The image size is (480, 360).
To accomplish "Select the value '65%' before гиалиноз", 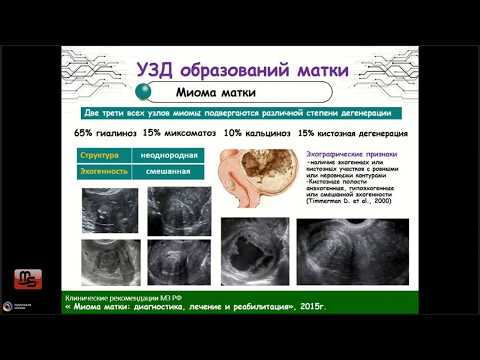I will tap(87, 133).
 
